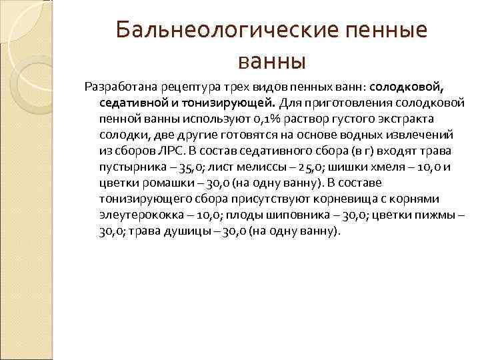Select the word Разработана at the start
tap(114, 87)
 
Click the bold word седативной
tap(127, 103)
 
